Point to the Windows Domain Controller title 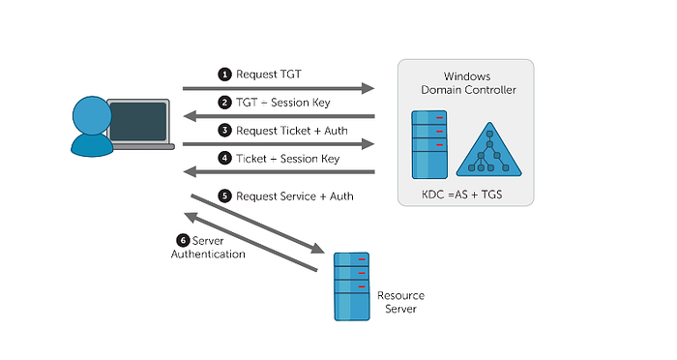click(467, 83)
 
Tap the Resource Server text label click(399, 302)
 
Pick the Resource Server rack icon click(350, 285)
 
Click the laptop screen click(139, 121)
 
